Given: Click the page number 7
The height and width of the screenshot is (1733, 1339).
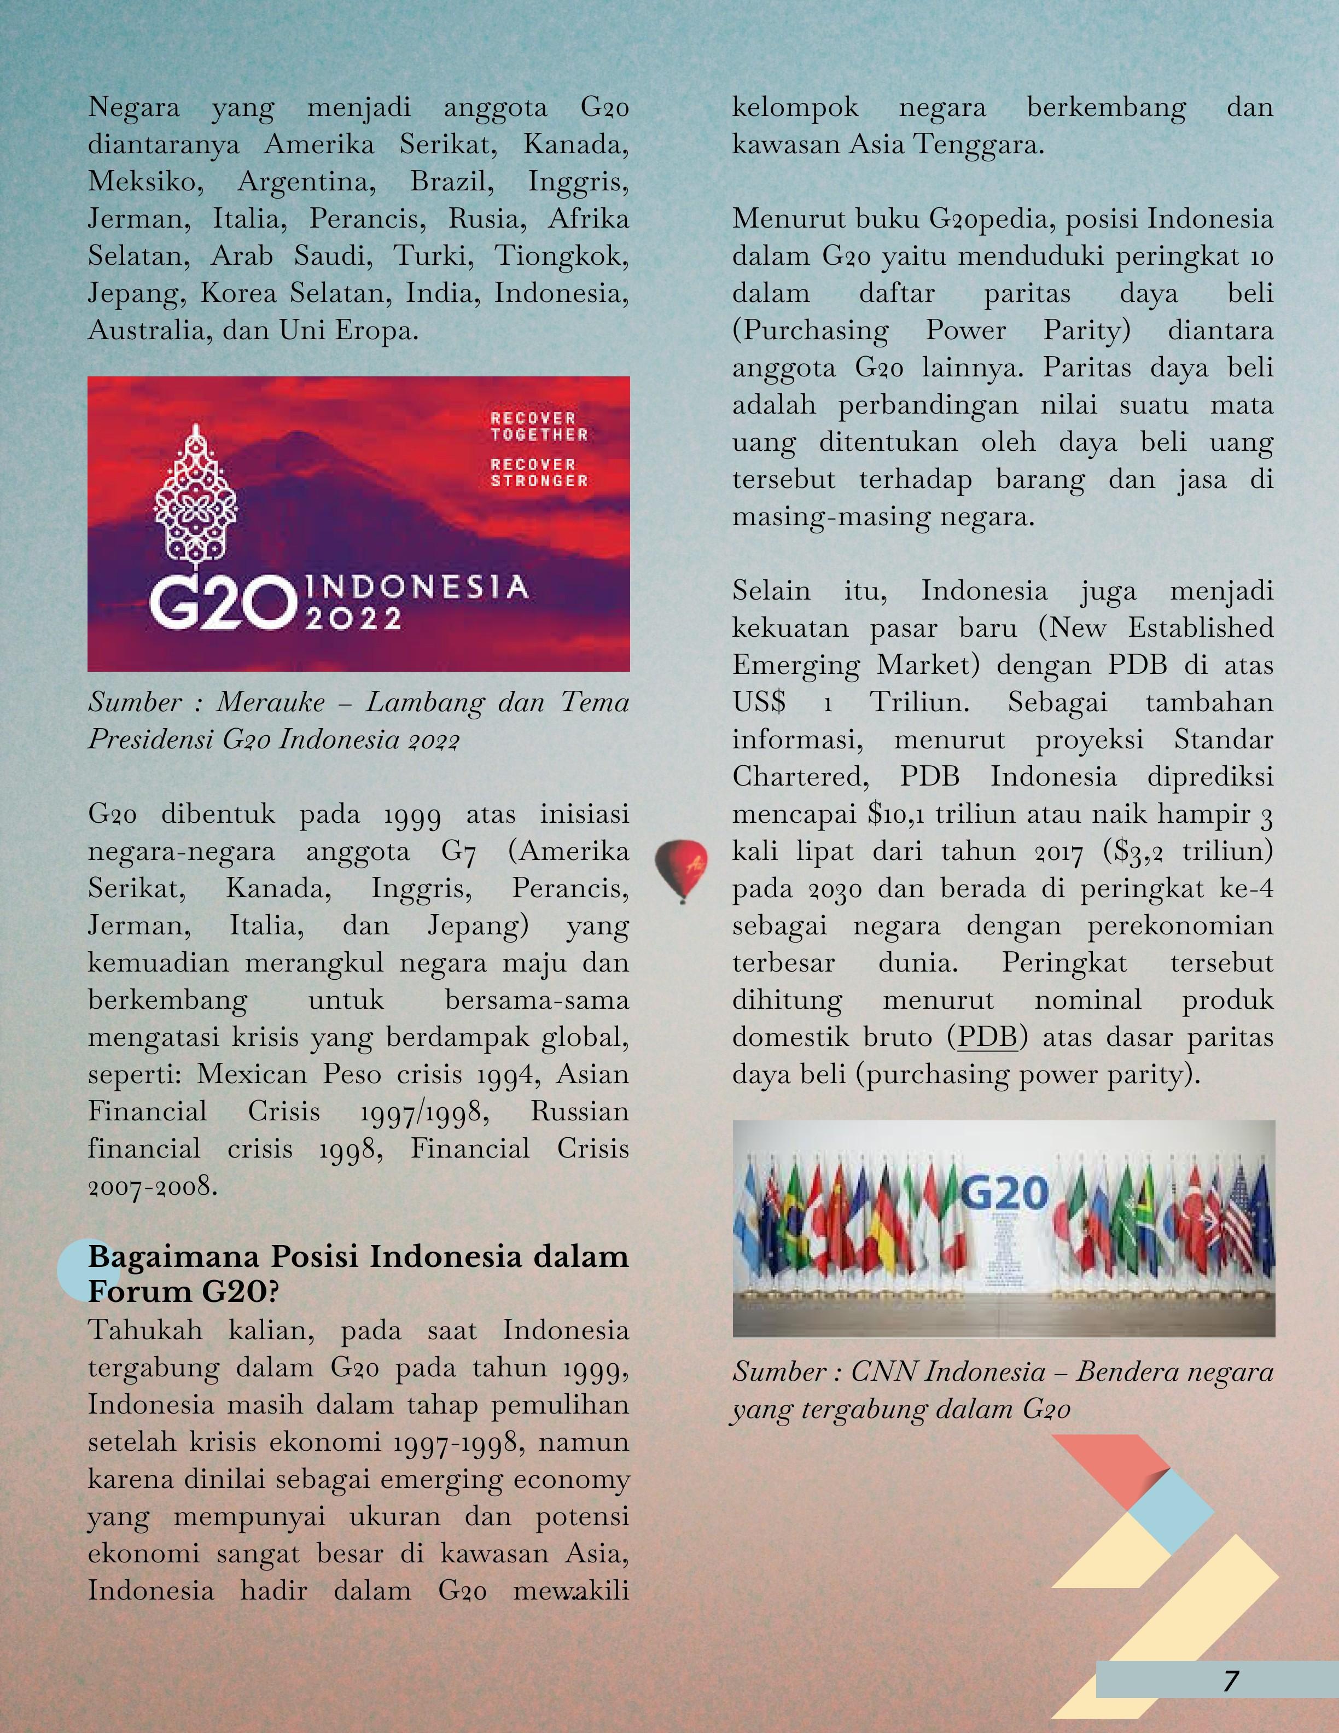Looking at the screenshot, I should point(1230,1680).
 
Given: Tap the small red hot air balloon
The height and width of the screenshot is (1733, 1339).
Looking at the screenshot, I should point(680,868).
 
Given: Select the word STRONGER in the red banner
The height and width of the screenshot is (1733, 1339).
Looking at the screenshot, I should point(539,481).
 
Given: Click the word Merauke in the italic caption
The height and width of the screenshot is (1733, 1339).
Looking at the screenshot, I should point(271,702).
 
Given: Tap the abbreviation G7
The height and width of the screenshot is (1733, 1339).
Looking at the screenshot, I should point(458,851).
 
